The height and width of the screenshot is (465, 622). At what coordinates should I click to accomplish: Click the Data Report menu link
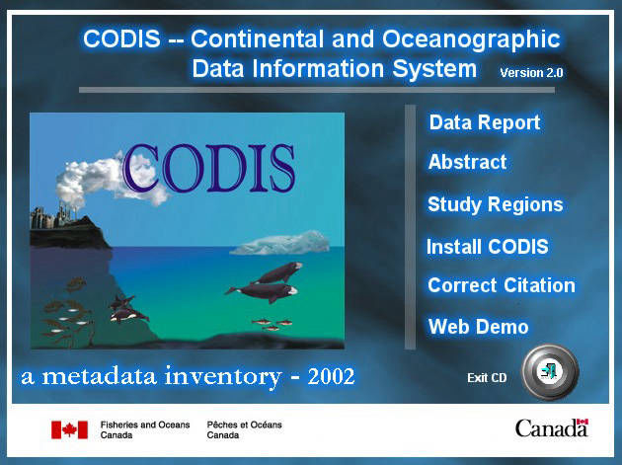(485, 122)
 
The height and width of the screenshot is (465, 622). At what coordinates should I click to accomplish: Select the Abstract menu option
(467, 162)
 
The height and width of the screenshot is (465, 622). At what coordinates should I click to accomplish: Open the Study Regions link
(495, 204)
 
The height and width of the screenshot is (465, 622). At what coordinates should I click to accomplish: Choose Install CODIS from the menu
(487, 247)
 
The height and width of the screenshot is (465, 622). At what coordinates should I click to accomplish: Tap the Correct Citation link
(502, 285)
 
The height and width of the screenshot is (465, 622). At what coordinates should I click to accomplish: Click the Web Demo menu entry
(479, 327)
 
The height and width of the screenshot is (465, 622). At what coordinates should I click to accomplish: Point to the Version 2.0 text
(531, 73)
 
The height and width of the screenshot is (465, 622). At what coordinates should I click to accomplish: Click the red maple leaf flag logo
(69, 429)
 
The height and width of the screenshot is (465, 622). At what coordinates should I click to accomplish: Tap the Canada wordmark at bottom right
(551, 428)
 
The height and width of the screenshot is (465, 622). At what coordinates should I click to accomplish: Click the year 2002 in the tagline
(331, 376)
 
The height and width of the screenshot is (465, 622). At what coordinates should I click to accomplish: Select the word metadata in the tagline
(99, 376)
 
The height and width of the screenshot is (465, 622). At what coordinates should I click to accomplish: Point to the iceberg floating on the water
(280, 243)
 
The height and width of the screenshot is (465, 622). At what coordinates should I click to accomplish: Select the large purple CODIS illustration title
(209, 168)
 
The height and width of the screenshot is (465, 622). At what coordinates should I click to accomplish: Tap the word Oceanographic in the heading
(471, 39)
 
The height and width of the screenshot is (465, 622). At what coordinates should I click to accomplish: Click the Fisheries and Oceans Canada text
(145, 429)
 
